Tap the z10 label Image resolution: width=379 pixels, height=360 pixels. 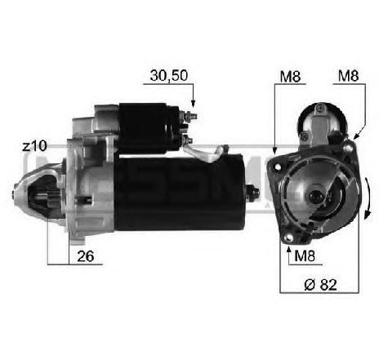tap(33, 147)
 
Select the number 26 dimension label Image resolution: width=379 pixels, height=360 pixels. tap(86, 256)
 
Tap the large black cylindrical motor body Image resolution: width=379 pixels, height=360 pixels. tap(180, 190)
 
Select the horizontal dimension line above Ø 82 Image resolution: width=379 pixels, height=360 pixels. tap(319, 291)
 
